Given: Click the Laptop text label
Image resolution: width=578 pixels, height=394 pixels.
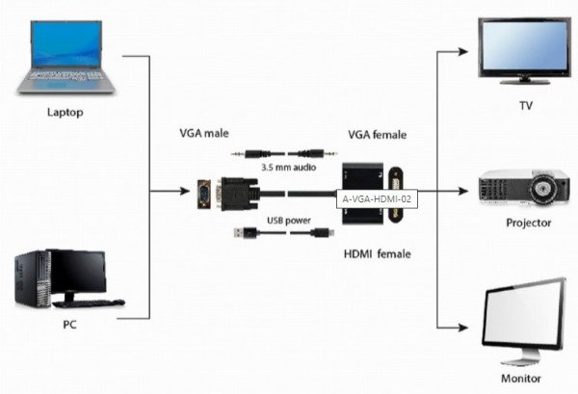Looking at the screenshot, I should [66, 112].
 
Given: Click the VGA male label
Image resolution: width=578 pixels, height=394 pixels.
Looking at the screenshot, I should [204, 131].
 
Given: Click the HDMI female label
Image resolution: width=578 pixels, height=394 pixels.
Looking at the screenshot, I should [376, 253].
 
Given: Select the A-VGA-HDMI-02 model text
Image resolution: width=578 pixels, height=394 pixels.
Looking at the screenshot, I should [378, 199].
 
